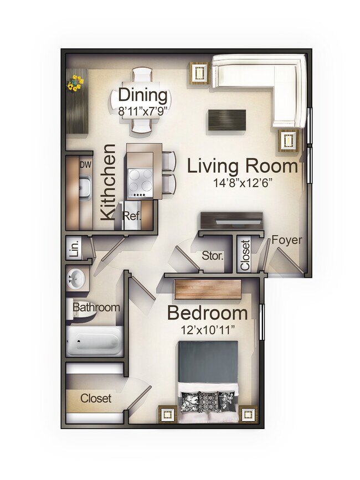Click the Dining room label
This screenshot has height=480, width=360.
pyautogui.click(x=143, y=95)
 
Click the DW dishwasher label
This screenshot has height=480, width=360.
pyautogui.click(x=85, y=164)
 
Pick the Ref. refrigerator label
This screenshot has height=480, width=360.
pyautogui.click(x=132, y=215)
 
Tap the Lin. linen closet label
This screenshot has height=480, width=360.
pyautogui.click(x=74, y=247)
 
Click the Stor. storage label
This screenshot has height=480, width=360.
pyautogui.click(x=212, y=256)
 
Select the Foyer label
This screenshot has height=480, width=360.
pyautogui.click(x=287, y=240)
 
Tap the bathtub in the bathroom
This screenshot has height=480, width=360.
pyautogui.click(x=94, y=341)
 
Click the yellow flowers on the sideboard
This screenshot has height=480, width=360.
pyautogui.click(x=75, y=84)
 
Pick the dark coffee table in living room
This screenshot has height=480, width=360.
pyautogui.click(x=227, y=120)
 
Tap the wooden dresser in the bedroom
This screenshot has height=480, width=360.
pyautogui.click(x=208, y=289)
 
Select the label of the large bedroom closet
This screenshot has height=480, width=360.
pyautogui.click(x=96, y=398)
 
